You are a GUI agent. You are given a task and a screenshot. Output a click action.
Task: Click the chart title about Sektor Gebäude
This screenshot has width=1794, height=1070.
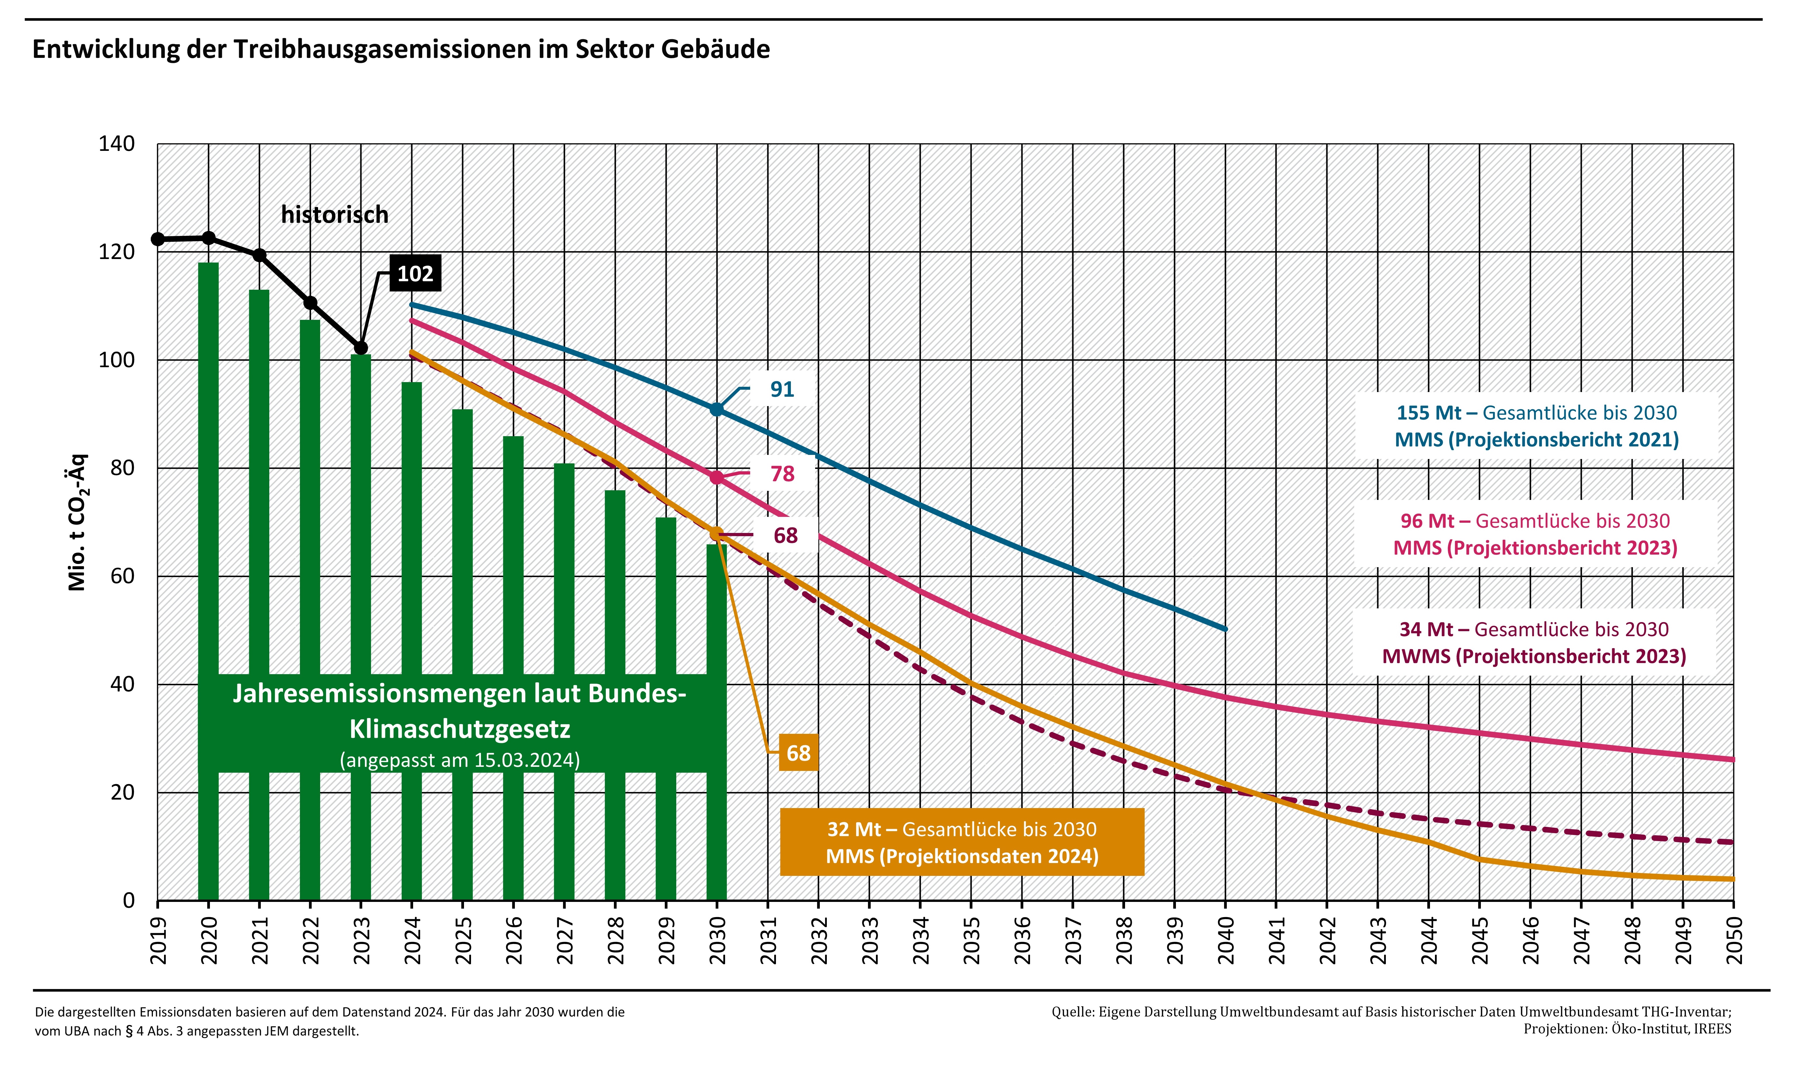click(401, 49)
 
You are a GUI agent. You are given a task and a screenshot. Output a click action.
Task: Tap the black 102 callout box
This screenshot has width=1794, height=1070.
click(415, 274)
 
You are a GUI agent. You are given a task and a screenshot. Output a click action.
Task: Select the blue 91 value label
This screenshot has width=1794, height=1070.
click(782, 389)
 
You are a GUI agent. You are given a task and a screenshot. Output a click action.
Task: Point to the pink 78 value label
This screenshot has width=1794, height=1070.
click(782, 474)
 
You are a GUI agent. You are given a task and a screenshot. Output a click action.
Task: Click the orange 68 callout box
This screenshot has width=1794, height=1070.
click(798, 753)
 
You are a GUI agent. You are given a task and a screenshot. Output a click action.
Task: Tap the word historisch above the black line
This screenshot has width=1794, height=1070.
click(334, 215)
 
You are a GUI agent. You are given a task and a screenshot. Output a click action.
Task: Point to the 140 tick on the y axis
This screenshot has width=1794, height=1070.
click(117, 144)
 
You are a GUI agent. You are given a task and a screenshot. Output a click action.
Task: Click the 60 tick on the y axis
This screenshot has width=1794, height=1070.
click(123, 576)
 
